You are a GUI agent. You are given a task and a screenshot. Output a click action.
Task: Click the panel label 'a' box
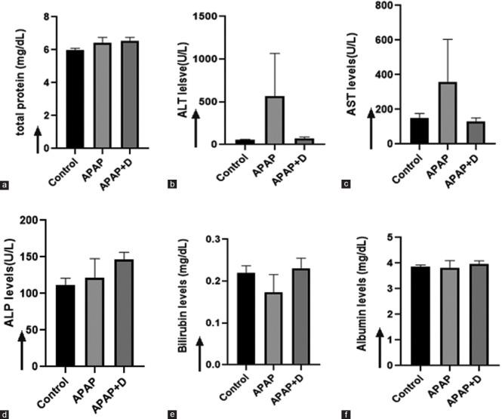pos(6,184)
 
